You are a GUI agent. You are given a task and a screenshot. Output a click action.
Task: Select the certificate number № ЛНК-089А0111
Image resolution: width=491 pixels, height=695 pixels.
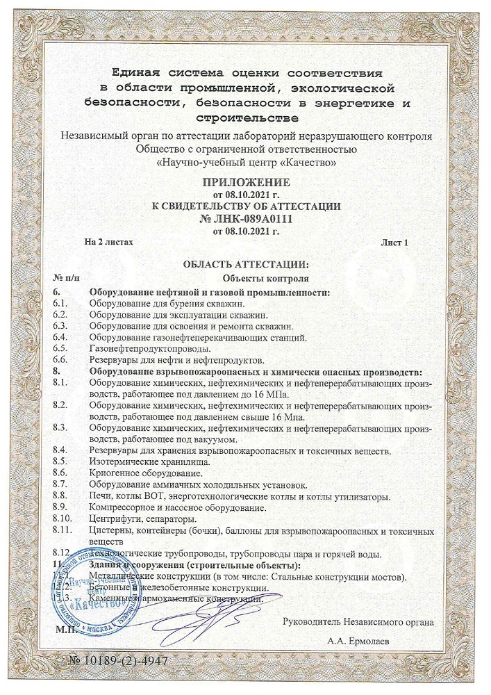(246, 218)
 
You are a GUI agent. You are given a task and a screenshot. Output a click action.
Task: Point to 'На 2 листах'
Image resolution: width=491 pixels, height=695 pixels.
(108, 243)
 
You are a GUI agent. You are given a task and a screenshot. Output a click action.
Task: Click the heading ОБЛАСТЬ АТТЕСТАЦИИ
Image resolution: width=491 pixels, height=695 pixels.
(244, 265)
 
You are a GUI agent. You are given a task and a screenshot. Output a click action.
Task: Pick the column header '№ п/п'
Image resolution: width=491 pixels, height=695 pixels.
(67, 278)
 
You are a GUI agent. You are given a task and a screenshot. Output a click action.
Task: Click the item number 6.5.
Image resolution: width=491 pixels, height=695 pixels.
(61, 348)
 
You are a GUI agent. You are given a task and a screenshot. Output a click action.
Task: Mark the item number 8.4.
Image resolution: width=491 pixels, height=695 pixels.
(61, 450)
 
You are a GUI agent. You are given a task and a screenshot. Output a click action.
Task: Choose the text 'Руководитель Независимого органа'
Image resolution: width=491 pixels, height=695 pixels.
(359, 622)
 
